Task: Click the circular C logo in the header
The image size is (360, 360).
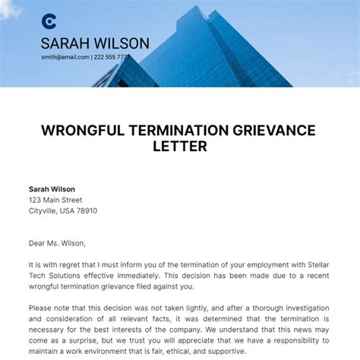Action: pos(50,21)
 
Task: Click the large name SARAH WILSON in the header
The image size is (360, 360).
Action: pos(95,43)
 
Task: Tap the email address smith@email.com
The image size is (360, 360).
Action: pos(65,57)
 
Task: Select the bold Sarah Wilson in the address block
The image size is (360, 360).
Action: pos(52,189)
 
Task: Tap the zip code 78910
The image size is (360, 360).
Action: pos(84,210)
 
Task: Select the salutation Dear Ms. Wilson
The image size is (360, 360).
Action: pos(58,243)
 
